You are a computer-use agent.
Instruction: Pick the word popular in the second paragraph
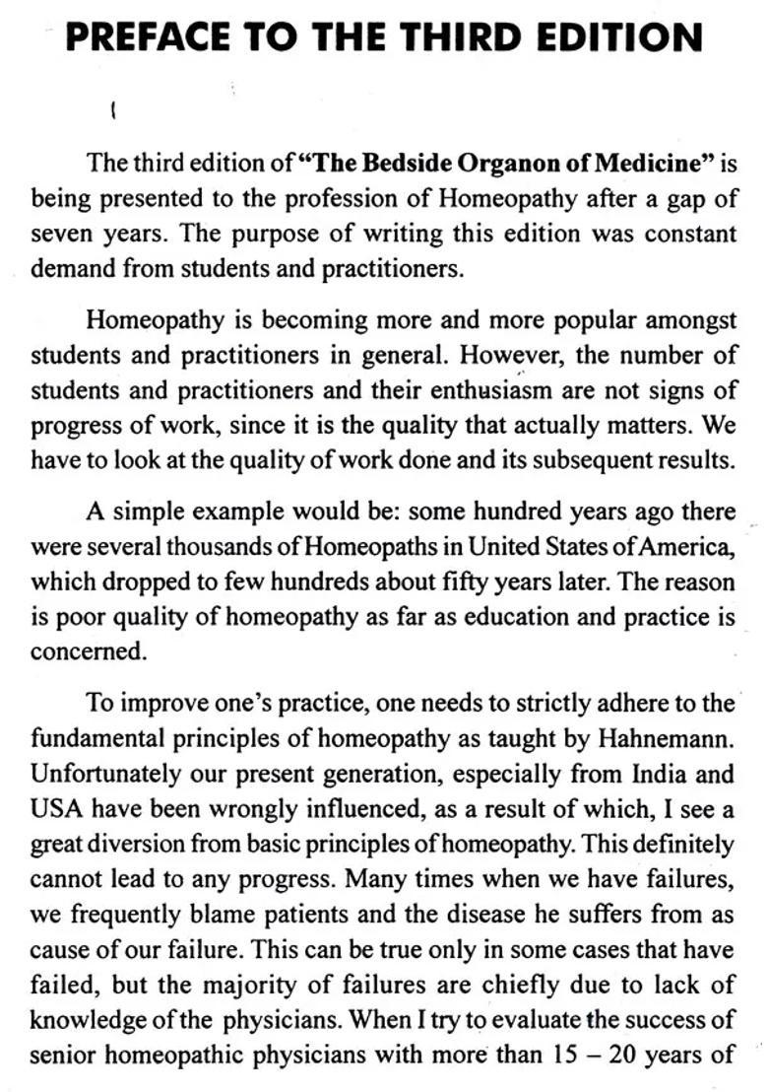[544, 320]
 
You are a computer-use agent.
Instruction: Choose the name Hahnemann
[662, 737]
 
